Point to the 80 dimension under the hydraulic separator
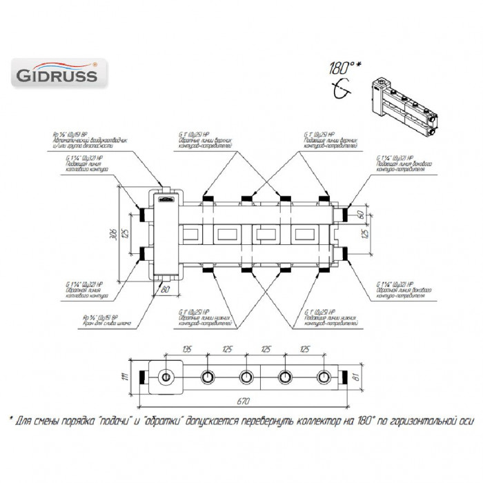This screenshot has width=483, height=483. coord(165,290)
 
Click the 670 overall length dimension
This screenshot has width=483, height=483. coord(243,401)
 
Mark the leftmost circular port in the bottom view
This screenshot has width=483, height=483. coord(166,377)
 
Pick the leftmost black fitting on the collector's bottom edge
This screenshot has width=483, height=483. coord(206,270)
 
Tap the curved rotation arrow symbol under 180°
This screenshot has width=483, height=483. coord(340,88)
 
